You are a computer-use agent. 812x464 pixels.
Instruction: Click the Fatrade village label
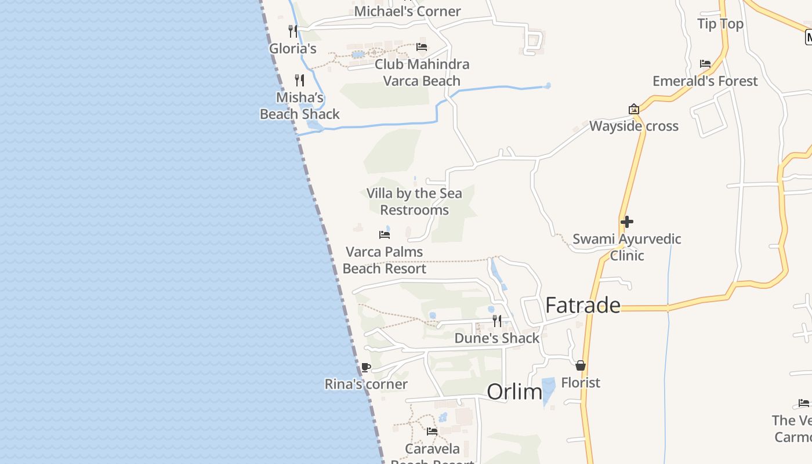583,305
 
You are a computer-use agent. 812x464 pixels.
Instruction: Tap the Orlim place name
514,392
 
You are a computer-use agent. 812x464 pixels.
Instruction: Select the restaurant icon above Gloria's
293,30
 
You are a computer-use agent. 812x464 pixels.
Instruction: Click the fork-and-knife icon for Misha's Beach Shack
299,80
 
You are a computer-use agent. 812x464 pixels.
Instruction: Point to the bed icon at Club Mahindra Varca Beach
422,47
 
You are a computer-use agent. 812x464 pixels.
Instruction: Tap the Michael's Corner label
407,11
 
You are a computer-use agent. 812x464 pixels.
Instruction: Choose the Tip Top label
720,24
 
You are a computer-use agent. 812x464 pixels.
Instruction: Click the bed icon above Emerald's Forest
705,64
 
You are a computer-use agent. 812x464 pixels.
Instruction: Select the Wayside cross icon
634,109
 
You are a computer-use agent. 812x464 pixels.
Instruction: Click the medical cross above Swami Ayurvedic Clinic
626,222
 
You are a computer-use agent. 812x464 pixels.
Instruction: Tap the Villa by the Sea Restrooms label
414,201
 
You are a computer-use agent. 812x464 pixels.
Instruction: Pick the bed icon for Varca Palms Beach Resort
385,235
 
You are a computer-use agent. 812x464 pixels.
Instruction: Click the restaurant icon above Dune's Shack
497,321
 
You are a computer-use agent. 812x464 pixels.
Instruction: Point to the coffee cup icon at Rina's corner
366,367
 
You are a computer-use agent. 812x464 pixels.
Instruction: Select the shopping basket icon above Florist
581,365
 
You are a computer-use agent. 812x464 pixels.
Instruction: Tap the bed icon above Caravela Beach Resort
432,432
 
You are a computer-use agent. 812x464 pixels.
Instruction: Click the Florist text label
581,383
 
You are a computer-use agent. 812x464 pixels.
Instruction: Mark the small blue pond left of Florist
548,390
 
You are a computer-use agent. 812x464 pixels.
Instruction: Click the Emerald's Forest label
705,81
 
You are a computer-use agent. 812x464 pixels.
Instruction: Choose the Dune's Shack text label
497,338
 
